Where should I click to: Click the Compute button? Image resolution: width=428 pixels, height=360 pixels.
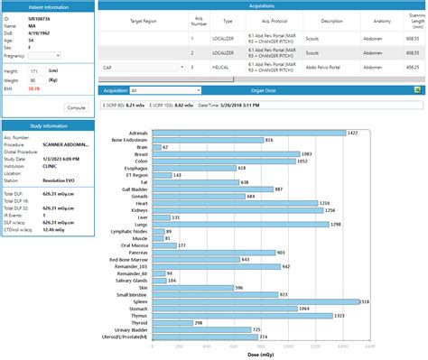tap(76, 107)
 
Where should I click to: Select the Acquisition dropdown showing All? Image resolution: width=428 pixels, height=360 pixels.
tap(159, 90)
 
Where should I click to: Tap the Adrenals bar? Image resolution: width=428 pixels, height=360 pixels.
tap(248, 133)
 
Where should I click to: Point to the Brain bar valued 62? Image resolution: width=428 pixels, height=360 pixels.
tap(155, 147)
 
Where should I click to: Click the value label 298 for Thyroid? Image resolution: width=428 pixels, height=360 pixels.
tap(199, 323)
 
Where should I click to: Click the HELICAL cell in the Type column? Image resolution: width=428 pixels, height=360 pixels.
tap(228, 67)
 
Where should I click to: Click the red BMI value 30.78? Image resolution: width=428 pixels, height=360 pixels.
tap(33, 88)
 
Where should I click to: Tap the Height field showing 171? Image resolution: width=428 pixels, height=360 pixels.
tap(33, 69)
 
